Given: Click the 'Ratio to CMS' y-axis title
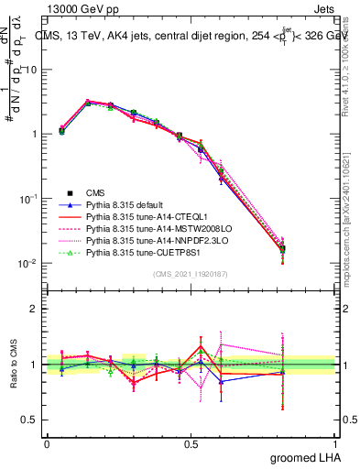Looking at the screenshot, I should [x=16, y=365].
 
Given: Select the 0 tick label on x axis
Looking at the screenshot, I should [x=47, y=442].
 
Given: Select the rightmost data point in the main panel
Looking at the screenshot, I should [x=282, y=248].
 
